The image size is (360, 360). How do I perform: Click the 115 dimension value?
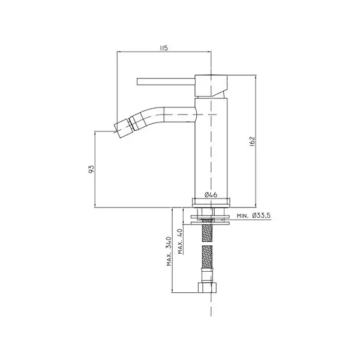tap(164, 48)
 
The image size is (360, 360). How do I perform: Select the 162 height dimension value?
tap(252, 142)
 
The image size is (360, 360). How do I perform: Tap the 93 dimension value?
tap(91, 169)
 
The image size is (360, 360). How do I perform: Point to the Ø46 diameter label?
tap(211, 195)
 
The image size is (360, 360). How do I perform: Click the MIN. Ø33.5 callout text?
tap(254, 216)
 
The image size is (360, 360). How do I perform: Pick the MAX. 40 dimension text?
tap(180, 241)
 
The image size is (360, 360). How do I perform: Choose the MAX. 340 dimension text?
tap(169, 251)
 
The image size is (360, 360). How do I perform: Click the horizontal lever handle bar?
tap(166, 82)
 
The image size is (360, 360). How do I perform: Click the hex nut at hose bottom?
tap(207, 287)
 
